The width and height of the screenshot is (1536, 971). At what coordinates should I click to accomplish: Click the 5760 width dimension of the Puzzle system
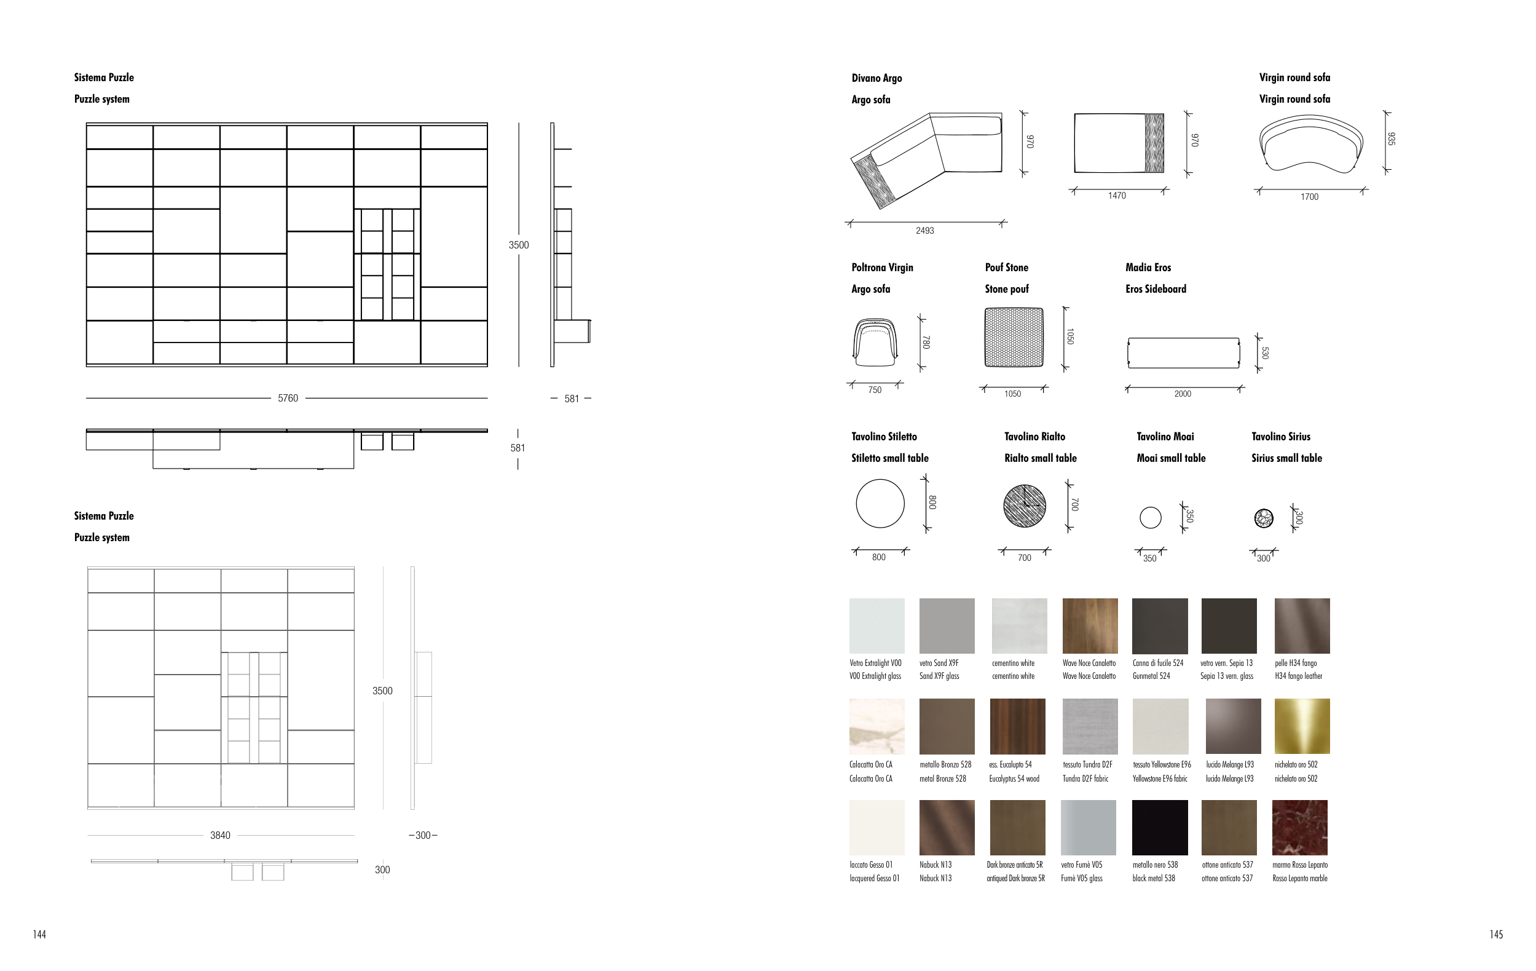pyautogui.click(x=288, y=398)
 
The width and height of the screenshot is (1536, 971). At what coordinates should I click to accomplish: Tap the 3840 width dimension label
pyautogui.click(x=220, y=835)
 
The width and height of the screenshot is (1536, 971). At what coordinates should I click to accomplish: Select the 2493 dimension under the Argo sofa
pyautogui.click(x=925, y=231)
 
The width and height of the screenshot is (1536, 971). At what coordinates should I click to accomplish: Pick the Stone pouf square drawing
pyautogui.click(x=1014, y=338)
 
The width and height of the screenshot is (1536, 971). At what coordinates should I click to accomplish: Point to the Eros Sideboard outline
pyautogui.click(x=1183, y=353)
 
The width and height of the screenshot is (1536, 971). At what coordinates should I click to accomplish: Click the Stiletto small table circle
pyautogui.click(x=880, y=504)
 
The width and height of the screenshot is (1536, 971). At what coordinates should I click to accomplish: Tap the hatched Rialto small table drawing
pyautogui.click(x=1025, y=505)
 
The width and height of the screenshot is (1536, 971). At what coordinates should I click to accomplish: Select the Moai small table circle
pyautogui.click(x=1150, y=517)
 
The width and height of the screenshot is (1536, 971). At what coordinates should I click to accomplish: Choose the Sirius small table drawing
pyautogui.click(x=1264, y=518)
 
